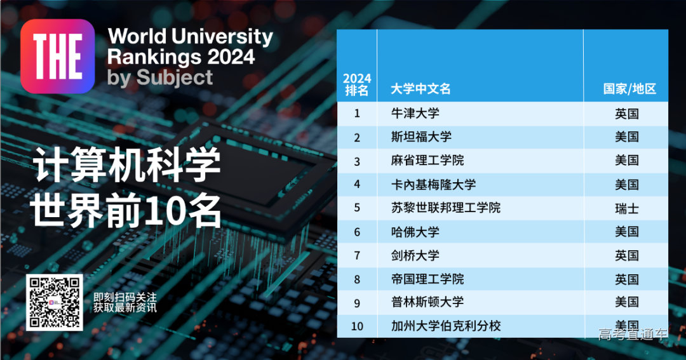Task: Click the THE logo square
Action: tap(57, 57)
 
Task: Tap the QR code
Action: tap(54, 302)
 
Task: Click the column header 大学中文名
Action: tap(420, 89)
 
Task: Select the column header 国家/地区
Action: tap(629, 89)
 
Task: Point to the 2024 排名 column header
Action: tap(356, 84)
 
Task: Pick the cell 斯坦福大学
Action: tap(421, 137)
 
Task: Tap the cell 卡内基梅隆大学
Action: tap(433, 185)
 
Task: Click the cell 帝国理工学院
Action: tap(427, 279)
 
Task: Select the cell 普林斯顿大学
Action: tap(427, 302)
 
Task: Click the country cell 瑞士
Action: tap(626, 208)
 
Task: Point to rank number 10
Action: tap(356, 326)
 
